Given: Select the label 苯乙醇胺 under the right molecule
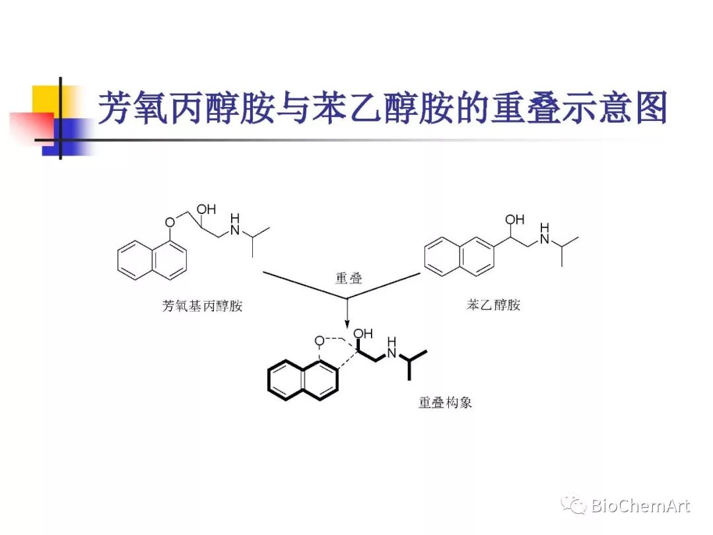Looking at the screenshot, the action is (494, 304).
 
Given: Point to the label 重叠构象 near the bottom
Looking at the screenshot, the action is (445, 402).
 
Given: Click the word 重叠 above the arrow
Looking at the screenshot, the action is (348, 278).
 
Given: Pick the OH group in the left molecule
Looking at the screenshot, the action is (207, 209).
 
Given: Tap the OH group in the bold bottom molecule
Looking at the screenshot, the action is (363, 334).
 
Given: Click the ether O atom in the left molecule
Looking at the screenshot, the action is (170, 222).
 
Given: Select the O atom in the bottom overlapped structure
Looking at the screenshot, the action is (320, 341).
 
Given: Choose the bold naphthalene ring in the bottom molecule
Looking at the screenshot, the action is (303, 380).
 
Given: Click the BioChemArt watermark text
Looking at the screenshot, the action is (640, 507).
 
